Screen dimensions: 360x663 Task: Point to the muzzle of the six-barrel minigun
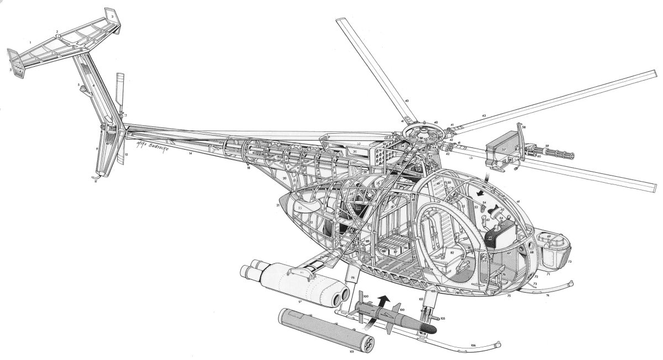572,154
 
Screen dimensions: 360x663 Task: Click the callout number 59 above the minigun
548,146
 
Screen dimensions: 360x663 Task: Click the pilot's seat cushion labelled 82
451,253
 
